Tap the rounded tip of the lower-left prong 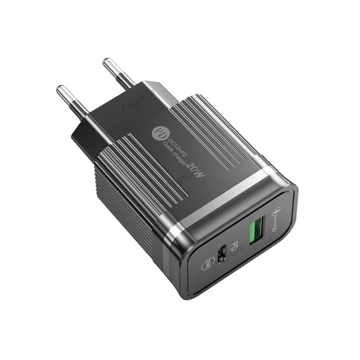(58, 89)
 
